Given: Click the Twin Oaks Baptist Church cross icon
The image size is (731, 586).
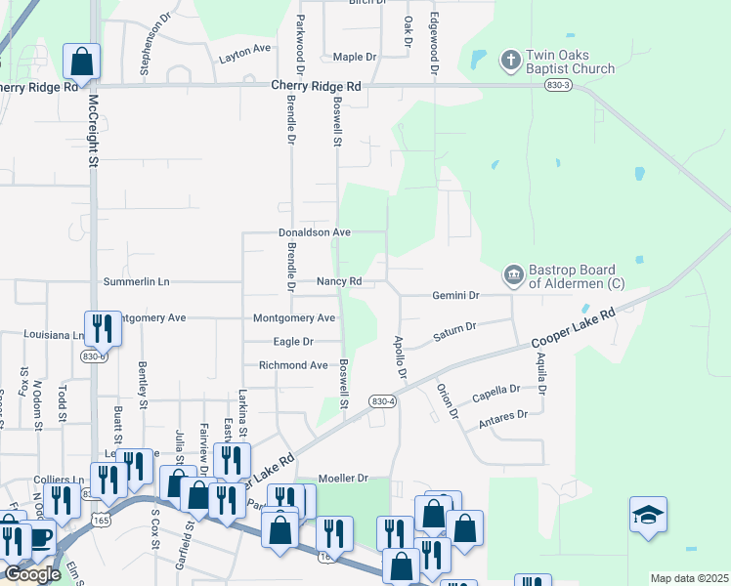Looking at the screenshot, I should coord(510,61).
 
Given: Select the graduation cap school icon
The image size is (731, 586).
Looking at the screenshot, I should coord(648,515).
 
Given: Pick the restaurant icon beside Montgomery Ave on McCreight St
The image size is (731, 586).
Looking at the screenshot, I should coord(102,328).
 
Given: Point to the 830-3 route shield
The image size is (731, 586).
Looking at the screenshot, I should coord(558,86).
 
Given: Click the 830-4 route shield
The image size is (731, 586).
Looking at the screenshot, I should coord(382,401).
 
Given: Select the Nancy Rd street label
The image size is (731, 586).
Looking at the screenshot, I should coord(339,281).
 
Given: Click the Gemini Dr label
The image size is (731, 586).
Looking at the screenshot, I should coord(455,295).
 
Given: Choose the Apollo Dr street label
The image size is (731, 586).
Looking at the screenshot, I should coord(399,357).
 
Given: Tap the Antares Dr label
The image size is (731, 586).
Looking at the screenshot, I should coord(502,418).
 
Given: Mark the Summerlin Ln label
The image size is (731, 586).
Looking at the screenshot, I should coord(136,281).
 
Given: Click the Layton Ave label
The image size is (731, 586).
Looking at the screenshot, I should coord(245,48).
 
